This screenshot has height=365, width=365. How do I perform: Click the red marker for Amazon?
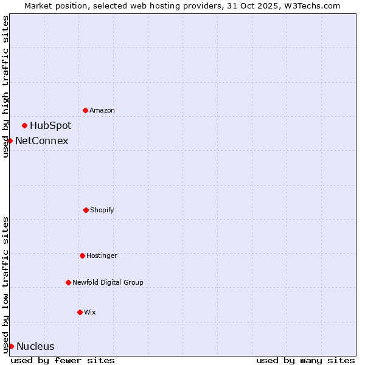(85, 110)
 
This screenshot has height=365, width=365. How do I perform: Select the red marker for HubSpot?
(24, 125)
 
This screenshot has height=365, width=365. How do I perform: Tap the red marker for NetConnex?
(10, 141)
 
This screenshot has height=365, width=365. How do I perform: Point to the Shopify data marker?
(86, 210)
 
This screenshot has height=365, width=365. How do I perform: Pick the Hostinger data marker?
(82, 255)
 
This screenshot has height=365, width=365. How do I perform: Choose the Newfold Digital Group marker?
(68, 282)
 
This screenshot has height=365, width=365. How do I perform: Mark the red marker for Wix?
(80, 312)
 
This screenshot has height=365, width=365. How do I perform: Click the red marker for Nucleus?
(11, 346)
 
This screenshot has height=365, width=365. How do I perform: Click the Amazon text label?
(102, 110)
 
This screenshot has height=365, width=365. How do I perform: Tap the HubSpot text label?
(50, 125)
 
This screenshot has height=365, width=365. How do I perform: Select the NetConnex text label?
(41, 141)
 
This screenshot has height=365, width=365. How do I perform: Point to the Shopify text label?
(102, 210)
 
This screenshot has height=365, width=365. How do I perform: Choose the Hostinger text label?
(102, 255)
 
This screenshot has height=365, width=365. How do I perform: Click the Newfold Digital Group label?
(108, 282)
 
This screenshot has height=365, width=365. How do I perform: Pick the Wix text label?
(90, 312)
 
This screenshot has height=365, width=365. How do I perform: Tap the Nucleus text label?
(35, 346)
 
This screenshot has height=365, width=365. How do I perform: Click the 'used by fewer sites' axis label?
(63, 360)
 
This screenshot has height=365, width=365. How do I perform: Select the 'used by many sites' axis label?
(305, 360)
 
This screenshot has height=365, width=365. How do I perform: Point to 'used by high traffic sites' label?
(5, 86)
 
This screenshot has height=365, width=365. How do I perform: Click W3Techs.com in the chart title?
(310, 5)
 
